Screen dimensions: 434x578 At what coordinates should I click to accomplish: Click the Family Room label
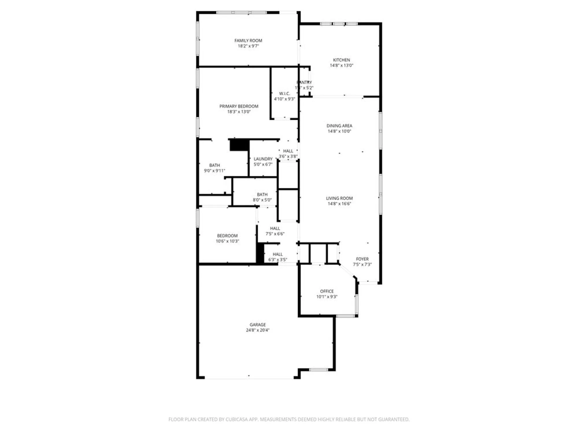pyautogui.click(x=248, y=41)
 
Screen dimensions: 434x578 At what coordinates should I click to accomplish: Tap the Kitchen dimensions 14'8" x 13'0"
pyautogui.click(x=341, y=65)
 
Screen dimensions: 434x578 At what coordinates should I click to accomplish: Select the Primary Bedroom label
pyautogui.click(x=239, y=106)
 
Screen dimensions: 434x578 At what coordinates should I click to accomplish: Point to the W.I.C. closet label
pyautogui.click(x=284, y=93)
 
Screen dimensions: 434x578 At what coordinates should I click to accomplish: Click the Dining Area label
pyautogui.click(x=339, y=126)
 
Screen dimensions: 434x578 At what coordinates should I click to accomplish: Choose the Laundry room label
pyautogui.click(x=263, y=159)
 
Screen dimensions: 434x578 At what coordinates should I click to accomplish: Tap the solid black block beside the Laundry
pyautogui.click(x=239, y=145)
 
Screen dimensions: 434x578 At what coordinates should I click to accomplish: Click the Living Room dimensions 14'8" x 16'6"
pyautogui.click(x=339, y=204)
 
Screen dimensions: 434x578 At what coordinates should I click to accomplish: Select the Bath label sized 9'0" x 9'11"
pyautogui.click(x=214, y=165)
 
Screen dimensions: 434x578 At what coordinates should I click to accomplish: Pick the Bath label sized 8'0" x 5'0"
pyautogui.click(x=262, y=194)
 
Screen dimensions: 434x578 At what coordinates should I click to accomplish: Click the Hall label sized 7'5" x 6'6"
pyautogui.click(x=275, y=228)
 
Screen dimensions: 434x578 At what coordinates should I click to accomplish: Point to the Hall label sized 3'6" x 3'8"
pyautogui.click(x=288, y=151)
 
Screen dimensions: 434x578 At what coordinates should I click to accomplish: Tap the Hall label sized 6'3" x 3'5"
pyautogui.click(x=277, y=254)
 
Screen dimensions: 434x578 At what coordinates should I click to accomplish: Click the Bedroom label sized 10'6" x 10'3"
pyautogui.click(x=227, y=236)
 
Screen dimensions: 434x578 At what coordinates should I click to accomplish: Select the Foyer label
pyautogui.click(x=362, y=259)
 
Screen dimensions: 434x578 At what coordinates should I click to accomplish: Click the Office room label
pyautogui.click(x=327, y=291)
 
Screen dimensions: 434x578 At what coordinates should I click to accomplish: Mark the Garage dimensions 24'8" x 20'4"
pyautogui.click(x=257, y=330)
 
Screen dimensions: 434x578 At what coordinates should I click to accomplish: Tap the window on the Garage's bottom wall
pyautogui.click(x=318, y=369)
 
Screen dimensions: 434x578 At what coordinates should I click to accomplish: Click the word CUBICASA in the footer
pyautogui.click(x=238, y=419)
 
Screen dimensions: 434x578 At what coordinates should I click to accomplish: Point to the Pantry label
pyautogui.click(x=304, y=82)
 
